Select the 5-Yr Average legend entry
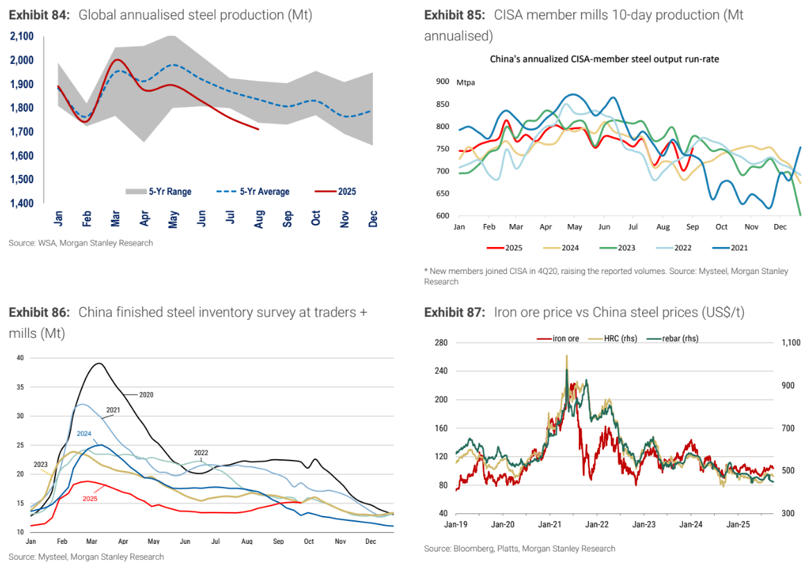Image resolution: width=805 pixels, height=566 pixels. [x=252, y=191]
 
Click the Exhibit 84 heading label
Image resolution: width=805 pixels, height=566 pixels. [x=40, y=14]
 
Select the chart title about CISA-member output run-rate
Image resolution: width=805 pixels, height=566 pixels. [x=604, y=59]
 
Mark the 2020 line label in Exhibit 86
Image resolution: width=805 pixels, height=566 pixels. [x=146, y=395]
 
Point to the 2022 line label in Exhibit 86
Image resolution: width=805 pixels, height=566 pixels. [x=201, y=452]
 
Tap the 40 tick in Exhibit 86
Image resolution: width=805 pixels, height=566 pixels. [x=19, y=358]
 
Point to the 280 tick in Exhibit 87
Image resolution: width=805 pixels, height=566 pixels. [x=441, y=343]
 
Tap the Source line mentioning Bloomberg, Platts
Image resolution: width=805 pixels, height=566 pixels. [x=519, y=549]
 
